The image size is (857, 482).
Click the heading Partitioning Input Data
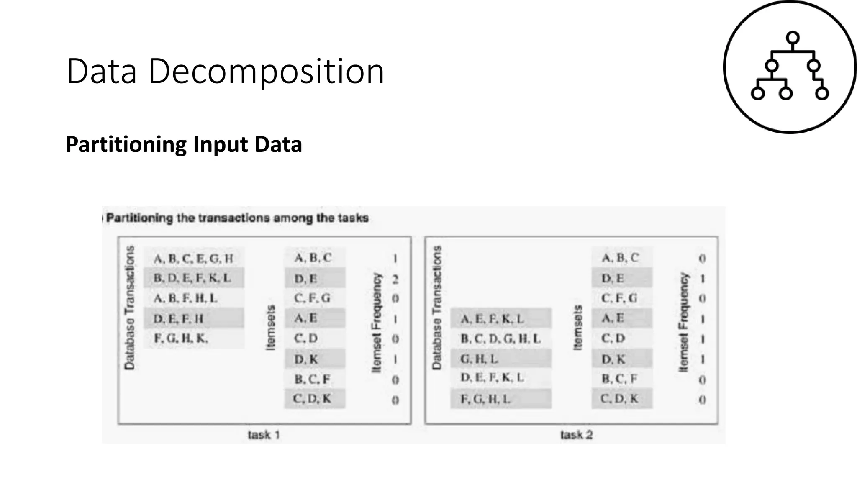(184, 144)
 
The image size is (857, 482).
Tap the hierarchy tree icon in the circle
(790, 67)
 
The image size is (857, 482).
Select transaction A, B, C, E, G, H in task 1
(193, 259)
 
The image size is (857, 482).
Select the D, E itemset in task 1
(306, 279)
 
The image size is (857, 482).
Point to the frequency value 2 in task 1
(395, 279)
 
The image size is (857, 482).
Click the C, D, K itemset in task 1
(312, 399)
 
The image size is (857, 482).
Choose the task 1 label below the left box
(264, 435)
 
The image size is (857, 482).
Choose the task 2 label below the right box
(576, 435)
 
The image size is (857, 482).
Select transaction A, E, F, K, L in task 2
(493, 319)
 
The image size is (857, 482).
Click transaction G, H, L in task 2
(480, 359)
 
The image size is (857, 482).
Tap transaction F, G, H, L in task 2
(486, 399)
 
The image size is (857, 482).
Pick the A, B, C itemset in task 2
(620, 258)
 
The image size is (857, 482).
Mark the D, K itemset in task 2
(613, 359)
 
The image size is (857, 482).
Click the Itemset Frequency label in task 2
(683, 322)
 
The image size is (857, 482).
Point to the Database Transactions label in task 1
(130, 308)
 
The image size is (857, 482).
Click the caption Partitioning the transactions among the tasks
(237, 218)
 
